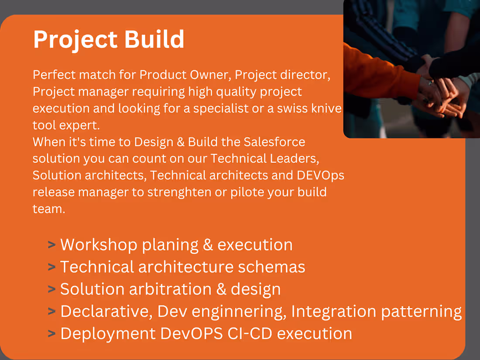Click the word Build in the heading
tap(154, 39)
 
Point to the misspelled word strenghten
tap(182, 192)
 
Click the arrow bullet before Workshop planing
tap(52, 245)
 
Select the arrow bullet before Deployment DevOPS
tap(52, 334)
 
